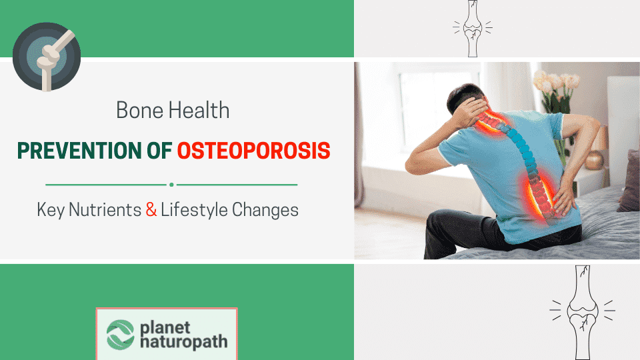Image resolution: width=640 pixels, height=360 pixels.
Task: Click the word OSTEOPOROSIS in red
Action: [254, 151]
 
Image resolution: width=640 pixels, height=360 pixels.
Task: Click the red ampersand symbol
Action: [151, 210]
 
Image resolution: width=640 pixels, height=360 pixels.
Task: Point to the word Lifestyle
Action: [194, 210]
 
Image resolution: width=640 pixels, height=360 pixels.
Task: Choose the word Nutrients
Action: [108, 210]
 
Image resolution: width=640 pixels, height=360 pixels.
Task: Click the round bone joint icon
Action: [47, 57]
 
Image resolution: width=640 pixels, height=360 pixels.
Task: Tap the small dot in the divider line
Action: [171, 184]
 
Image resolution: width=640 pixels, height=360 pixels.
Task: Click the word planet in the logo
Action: [165, 327]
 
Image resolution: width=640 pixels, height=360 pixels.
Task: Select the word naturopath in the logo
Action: [183, 343]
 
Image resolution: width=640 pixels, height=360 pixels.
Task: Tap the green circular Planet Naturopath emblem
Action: [121, 335]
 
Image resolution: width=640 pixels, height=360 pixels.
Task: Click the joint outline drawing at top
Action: [472, 29]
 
